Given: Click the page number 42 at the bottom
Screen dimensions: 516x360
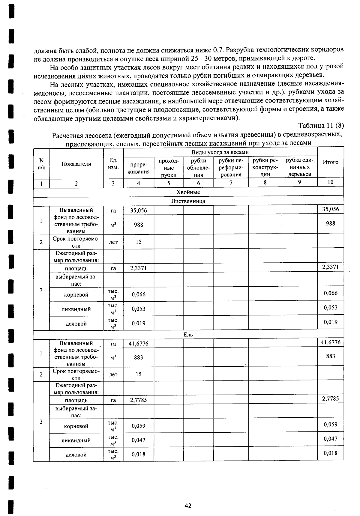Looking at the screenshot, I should coord(188,506).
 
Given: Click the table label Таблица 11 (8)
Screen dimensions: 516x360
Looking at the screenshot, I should coord(321,125).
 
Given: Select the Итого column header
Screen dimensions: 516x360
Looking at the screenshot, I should coord(330,162).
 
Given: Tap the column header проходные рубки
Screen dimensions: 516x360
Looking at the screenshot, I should coord(169,168).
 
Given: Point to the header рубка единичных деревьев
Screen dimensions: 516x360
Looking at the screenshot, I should coord(299,167).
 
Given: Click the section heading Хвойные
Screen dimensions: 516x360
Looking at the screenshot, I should coord(188,192).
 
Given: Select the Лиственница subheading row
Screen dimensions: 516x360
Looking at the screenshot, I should coord(188,201).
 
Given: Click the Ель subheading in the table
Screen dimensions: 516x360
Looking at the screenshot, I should coord(188,335).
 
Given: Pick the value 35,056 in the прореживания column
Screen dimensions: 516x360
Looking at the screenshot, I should coord(138,210).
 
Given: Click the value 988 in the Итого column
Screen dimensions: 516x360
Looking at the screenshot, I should coord(330,223).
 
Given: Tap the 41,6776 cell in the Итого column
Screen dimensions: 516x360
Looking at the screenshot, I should coord(330,342).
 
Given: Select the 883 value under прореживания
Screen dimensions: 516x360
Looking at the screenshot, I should coord(138,357).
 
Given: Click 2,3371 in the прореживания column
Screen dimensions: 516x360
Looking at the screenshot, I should coord(138,268).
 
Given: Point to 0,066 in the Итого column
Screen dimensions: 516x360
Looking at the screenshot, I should coord(330,293).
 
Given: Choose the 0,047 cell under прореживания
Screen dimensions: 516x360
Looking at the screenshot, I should coord(138,440).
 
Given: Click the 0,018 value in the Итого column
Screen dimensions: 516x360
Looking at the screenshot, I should coord(330,453).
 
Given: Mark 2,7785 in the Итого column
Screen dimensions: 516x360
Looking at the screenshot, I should coord(330,398).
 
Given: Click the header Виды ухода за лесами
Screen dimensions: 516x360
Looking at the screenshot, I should coord(220,152).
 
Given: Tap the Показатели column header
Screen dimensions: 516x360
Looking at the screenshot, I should coord(76,164).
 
